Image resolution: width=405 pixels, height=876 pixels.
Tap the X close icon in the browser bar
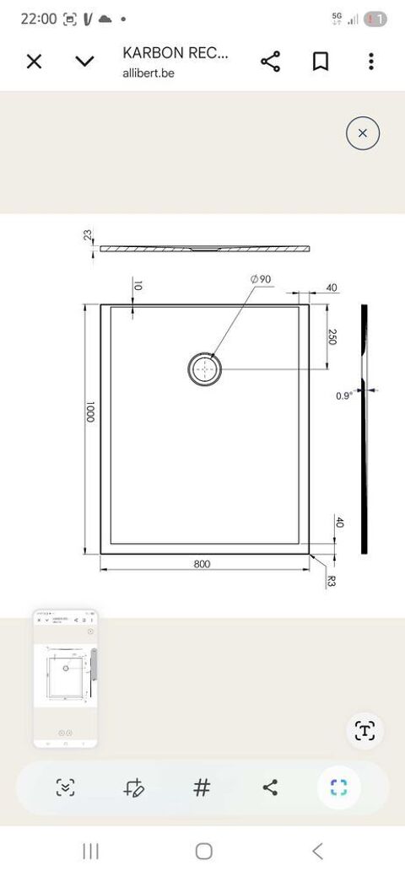(x=34, y=62)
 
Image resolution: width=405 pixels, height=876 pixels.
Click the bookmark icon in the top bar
(x=321, y=62)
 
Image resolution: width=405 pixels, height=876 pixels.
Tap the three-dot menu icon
(x=371, y=62)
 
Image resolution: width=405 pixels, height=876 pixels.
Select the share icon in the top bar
(x=270, y=62)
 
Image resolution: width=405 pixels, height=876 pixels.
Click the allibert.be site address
(x=148, y=73)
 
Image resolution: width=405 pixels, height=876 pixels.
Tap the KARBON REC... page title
(x=175, y=53)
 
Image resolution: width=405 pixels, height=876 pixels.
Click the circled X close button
(x=363, y=133)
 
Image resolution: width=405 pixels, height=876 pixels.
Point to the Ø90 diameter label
(x=260, y=279)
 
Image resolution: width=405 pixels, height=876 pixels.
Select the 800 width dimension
(x=201, y=564)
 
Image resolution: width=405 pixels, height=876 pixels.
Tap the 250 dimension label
(x=332, y=336)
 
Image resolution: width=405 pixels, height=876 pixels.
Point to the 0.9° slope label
(x=343, y=395)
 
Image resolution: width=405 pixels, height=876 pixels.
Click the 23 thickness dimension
(x=88, y=235)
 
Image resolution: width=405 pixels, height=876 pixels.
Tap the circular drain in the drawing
(x=205, y=368)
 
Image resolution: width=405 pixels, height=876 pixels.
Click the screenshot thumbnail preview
(x=66, y=678)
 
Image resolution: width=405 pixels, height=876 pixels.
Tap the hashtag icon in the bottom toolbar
(x=202, y=787)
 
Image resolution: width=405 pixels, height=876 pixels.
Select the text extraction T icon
(x=364, y=730)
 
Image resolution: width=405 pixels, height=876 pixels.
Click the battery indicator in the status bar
(x=376, y=19)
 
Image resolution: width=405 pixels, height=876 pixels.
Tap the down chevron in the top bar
(x=84, y=62)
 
